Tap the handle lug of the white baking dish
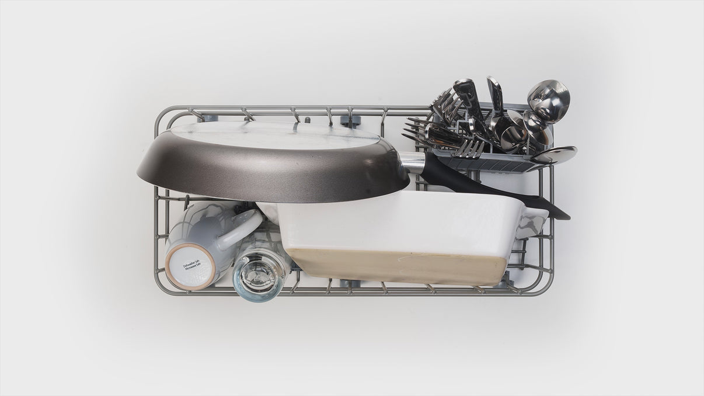[x=535, y=219]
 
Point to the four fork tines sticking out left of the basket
[x=417, y=132]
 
